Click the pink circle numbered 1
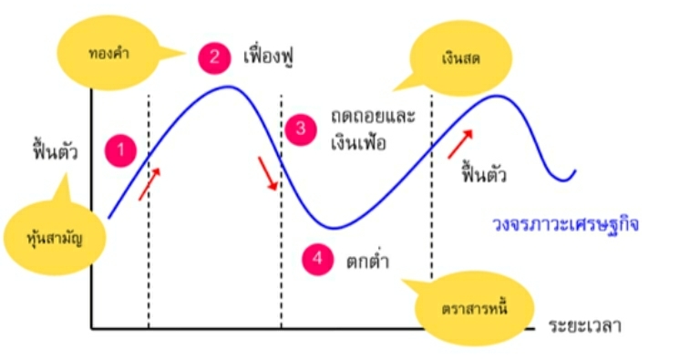pos(120,150)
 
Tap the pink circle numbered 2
pos(214,57)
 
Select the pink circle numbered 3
pos(301,129)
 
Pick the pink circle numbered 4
pos(317,259)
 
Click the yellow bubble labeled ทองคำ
pos(109,54)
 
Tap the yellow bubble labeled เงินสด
pos(460,58)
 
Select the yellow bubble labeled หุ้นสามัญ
pos(55,237)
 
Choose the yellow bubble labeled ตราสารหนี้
pos(475,309)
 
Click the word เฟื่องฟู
pos(270,57)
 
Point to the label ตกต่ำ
pos(368,261)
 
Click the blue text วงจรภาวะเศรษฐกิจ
pos(565,224)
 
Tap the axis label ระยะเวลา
pos(585,326)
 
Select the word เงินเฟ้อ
pos(358,142)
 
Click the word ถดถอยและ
pos(373,117)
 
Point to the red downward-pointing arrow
pos(268,173)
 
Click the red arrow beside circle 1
pos(149,183)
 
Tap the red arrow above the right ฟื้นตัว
pos(460,144)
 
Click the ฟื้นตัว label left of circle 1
pos(55,151)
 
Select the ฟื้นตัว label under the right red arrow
pos(484,174)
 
